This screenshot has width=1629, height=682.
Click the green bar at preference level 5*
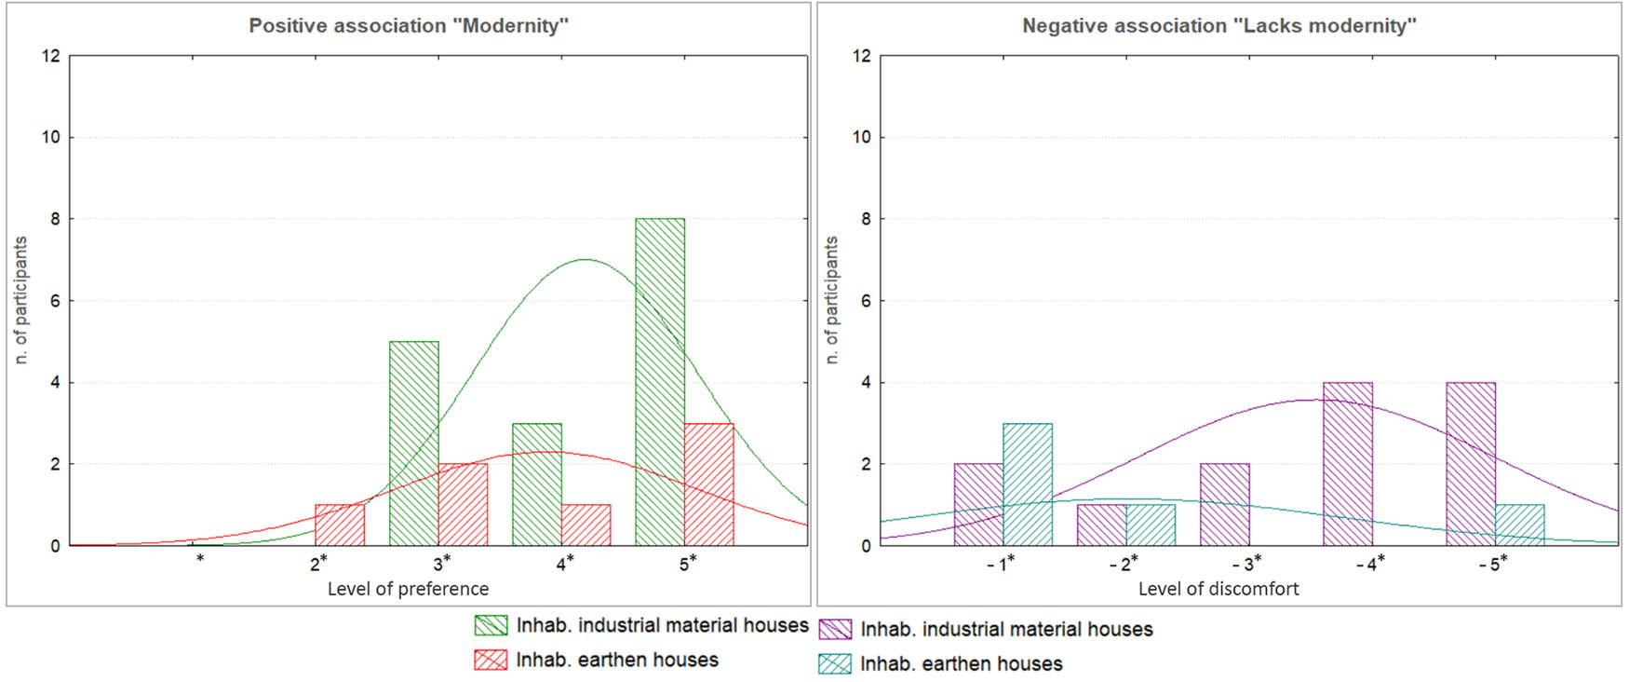click(x=660, y=382)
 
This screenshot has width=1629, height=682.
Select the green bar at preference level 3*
click(x=413, y=443)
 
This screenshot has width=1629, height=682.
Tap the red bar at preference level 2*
click(x=340, y=525)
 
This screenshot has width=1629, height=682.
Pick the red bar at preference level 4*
click(x=586, y=525)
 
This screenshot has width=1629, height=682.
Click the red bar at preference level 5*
click(x=709, y=484)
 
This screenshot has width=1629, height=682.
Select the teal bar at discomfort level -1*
click(x=1028, y=484)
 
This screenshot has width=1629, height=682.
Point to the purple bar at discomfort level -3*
click(x=1225, y=505)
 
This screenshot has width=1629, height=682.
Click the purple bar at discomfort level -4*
click(x=1348, y=464)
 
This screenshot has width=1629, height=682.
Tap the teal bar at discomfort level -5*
click(x=1519, y=525)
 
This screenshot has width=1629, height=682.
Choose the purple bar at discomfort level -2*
click(x=1101, y=525)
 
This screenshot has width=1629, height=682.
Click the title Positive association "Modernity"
click(x=408, y=26)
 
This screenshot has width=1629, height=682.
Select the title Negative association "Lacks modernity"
click(x=1218, y=26)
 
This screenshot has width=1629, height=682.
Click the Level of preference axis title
click(x=408, y=589)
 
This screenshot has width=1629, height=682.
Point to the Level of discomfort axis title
click(x=1218, y=589)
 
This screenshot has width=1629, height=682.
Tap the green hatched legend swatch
click(x=491, y=625)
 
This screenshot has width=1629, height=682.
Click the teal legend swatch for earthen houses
click(x=834, y=664)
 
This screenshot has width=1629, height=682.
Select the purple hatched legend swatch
click(x=834, y=630)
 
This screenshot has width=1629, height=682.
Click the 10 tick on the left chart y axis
click(x=50, y=137)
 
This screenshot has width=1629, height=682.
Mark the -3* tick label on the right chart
click(x=1246, y=565)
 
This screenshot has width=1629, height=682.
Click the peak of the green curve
click(x=584, y=260)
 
